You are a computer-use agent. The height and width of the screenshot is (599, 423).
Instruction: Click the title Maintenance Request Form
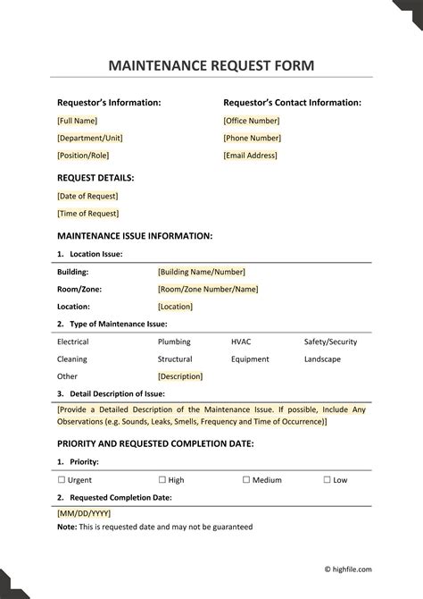click(211, 66)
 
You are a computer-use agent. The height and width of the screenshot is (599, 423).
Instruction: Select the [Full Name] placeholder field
click(78, 120)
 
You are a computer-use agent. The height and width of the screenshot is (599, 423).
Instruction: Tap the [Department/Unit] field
click(89, 138)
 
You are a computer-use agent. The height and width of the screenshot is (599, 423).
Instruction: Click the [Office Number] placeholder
click(252, 120)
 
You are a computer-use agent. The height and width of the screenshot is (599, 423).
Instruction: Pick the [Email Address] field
click(250, 156)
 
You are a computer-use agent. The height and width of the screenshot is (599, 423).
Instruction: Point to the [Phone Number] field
click(251, 138)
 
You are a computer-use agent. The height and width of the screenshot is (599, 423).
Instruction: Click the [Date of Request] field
click(87, 196)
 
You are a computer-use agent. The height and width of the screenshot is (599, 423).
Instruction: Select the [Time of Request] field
click(87, 214)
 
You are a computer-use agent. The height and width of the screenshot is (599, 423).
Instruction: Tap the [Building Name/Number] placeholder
click(201, 272)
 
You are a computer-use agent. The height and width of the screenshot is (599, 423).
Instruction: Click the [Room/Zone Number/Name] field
click(208, 289)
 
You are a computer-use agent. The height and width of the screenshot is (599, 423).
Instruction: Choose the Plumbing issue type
click(174, 342)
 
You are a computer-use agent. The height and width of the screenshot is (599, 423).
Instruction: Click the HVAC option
click(241, 342)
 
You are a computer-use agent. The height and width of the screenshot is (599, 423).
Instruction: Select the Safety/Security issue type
click(330, 342)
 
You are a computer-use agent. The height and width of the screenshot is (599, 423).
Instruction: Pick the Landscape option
click(322, 359)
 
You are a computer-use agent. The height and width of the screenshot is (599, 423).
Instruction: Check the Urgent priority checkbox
click(61, 480)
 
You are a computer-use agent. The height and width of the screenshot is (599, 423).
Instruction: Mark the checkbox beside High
click(162, 480)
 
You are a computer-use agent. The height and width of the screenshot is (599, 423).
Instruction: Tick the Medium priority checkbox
click(246, 480)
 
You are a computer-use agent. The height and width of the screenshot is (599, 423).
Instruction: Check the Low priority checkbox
click(328, 480)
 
